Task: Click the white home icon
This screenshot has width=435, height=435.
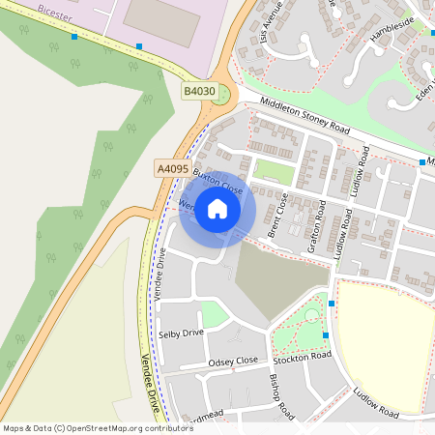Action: click(217, 208)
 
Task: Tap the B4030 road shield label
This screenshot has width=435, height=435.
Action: click(199, 91)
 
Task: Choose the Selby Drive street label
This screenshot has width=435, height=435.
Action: click(182, 333)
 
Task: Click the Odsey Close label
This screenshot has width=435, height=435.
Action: click(233, 361)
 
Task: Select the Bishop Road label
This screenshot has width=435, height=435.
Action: click(281, 396)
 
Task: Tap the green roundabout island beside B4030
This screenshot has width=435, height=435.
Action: click(226, 94)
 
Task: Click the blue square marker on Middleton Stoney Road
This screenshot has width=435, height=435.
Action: click(422, 162)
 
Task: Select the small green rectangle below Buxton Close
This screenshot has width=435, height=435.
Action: click(273, 172)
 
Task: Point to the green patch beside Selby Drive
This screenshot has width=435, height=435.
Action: click(215, 314)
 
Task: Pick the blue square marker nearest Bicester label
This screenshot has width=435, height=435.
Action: click(74, 37)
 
